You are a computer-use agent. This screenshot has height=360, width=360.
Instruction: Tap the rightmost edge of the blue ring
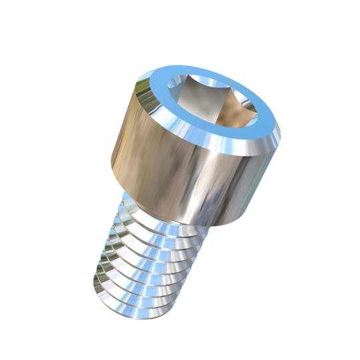[281, 133]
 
